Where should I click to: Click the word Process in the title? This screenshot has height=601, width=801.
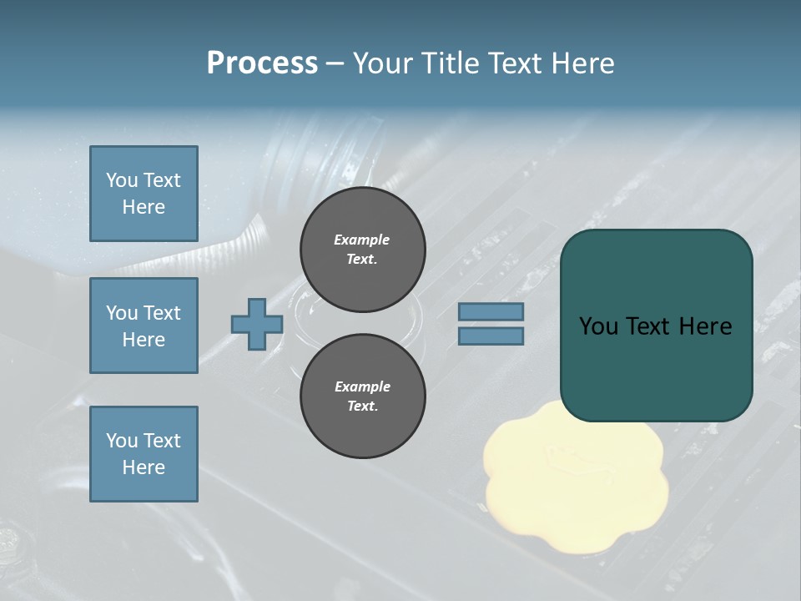point(262,63)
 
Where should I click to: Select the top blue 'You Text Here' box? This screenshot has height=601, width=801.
point(144,194)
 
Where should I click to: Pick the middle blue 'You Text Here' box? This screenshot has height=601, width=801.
point(144,326)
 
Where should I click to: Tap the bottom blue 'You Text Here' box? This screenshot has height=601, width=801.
point(144,453)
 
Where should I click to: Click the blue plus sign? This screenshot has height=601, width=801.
point(257,325)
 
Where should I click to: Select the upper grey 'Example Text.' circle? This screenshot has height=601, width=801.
point(362,249)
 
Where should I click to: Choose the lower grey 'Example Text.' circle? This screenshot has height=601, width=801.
point(362,396)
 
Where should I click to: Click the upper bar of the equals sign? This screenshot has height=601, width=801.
point(491,311)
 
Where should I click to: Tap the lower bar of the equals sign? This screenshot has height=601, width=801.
point(491,336)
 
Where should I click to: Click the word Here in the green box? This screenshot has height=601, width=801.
point(705,326)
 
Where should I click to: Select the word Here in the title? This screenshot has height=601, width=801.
point(583,63)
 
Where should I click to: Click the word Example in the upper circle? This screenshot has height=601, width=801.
point(361,240)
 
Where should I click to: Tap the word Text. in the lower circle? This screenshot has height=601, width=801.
point(362,406)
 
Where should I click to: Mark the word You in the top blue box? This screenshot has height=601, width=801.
point(122,180)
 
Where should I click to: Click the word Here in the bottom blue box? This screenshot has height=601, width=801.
point(144,467)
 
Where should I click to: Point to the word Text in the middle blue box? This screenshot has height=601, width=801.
point(163,313)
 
